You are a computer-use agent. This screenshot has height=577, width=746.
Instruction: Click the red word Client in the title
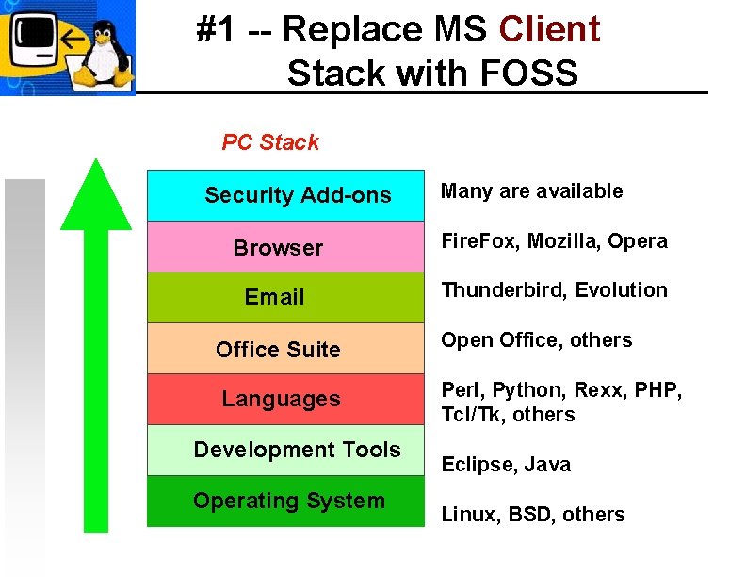point(548,30)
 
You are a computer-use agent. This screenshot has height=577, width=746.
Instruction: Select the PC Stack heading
point(270,142)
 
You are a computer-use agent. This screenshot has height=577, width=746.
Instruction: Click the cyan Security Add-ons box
point(286,195)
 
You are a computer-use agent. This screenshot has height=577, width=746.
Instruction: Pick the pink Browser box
point(286,247)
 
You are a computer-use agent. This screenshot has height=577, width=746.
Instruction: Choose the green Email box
point(286,297)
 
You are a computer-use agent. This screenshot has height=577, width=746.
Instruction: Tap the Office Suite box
point(286,349)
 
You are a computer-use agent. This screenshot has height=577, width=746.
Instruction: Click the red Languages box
point(286,399)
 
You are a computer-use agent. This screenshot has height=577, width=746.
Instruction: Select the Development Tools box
point(286,450)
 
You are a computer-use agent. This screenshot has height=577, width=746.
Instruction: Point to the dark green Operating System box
point(286,501)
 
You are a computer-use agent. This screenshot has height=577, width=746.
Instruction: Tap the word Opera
point(638,241)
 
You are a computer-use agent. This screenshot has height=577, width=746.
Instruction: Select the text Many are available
point(532,191)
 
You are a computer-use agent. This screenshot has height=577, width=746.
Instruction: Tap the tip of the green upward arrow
point(95,162)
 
